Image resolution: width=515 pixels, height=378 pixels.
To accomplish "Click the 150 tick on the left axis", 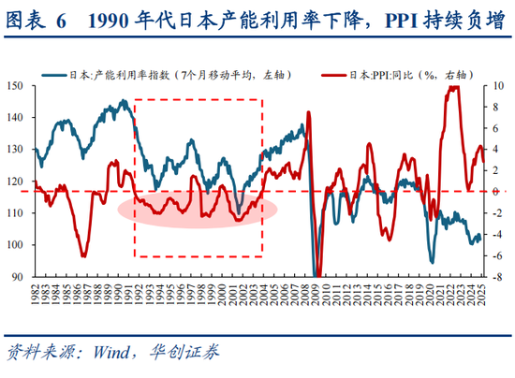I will click(16, 86).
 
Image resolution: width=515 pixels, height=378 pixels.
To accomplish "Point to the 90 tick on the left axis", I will click(19, 277).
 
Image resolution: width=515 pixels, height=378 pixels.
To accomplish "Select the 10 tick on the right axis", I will click(502, 86).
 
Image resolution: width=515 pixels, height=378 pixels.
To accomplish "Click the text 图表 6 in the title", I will click(37, 21).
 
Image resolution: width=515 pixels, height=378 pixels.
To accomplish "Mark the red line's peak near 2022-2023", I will click(454, 88).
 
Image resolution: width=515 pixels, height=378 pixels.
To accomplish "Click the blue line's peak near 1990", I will click(124, 101).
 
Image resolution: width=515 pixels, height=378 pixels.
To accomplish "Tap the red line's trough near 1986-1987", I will click(84, 254).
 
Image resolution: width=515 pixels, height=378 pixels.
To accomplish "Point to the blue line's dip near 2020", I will click(432, 262).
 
